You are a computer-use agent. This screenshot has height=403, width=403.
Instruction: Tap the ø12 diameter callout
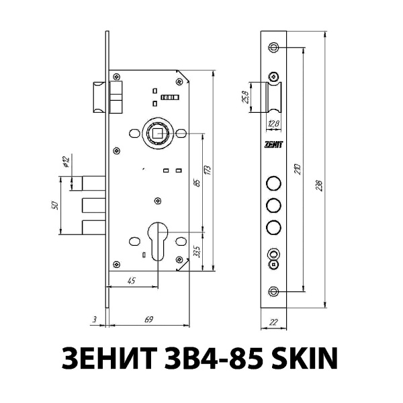tap(66, 163)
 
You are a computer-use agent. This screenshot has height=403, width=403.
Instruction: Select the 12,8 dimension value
tap(274, 123)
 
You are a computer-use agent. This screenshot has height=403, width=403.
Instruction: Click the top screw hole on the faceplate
tap(273, 47)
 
